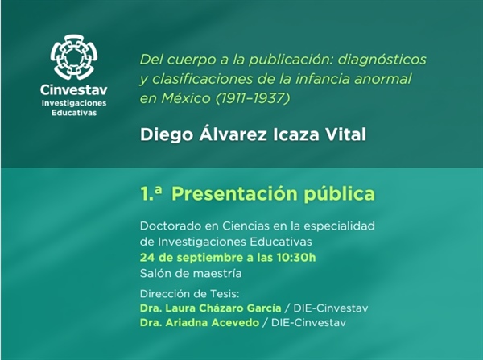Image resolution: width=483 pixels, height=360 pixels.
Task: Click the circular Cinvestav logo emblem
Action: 74,57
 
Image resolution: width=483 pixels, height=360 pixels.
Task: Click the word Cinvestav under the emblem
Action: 74,90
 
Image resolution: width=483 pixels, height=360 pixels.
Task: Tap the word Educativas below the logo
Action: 74,113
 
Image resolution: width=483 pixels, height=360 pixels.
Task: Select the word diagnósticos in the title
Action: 382,60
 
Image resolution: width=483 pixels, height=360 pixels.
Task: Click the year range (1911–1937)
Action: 253,98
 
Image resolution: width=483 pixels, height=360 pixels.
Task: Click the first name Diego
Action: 167,135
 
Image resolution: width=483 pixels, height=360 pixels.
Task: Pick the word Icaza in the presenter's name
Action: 296,135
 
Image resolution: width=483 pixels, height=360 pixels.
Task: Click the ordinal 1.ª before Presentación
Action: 151,193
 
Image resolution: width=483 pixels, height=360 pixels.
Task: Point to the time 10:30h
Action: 296,258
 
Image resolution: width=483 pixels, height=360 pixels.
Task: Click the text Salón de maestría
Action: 191,273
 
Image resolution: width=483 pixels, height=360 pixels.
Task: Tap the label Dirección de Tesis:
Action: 189,294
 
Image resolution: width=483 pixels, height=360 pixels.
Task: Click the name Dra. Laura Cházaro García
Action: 211,308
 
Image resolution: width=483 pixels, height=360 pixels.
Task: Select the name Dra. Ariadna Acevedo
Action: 200,323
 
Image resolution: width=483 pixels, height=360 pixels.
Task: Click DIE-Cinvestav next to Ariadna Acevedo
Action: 308,323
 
